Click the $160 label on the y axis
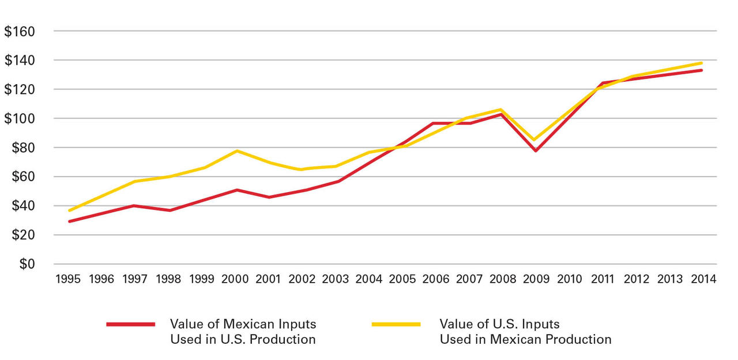click(20, 31)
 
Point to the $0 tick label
click(27, 264)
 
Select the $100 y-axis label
click(20, 119)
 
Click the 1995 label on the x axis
click(67, 279)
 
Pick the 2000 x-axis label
click(235, 279)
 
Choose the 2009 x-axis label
click(536, 279)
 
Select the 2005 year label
click(402, 279)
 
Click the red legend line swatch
click(131, 324)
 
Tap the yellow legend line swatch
click(396, 324)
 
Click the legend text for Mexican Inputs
click(243, 332)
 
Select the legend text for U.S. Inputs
click(525, 332)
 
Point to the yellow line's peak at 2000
click(236, 151)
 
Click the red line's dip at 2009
click(536, 151)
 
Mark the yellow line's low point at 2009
click(536, 140)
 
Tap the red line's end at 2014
click(702, 70)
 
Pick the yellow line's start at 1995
click(69, 211)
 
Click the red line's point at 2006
click(436, 123)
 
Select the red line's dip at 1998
click(169, 211)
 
